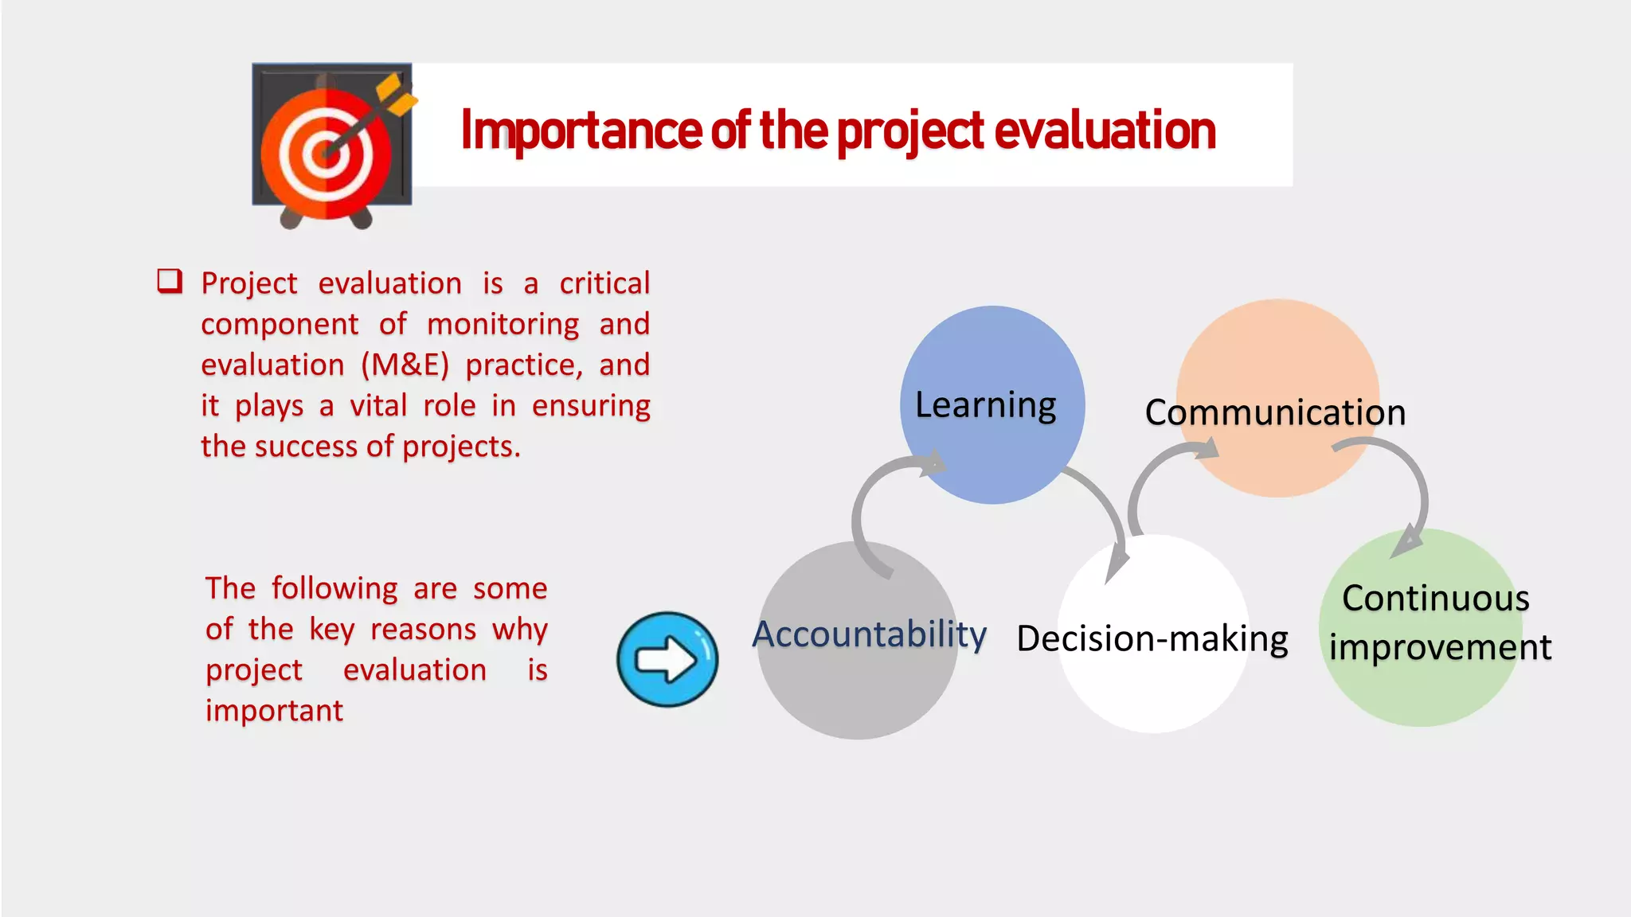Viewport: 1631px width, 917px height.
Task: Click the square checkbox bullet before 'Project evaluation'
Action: click(x=170, y=281)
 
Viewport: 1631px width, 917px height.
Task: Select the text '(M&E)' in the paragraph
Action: click(x=405, y=365)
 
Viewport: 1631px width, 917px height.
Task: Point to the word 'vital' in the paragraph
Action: click(x=378, y=406)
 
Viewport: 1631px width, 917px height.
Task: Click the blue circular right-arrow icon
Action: click(x=667, y=659)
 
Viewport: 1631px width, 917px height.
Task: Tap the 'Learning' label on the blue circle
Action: click(x=985, y=405)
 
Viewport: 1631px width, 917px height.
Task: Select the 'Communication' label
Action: click(x=1275, y=412)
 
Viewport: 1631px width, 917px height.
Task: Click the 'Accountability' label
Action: click(x=869, y=634)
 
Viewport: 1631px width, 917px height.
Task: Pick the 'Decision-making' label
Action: click(x=1152, y=638)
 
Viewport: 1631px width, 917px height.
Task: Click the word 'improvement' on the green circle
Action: click(x=1440, y=647)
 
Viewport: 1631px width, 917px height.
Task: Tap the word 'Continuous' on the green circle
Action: click(x=1435, y=598)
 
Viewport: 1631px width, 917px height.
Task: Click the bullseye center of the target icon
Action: click(x=326, y=151)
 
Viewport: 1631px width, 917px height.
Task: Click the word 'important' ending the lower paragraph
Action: click(x=274, y=711)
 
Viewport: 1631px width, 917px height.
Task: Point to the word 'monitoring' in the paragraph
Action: click(x=503, y=325)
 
